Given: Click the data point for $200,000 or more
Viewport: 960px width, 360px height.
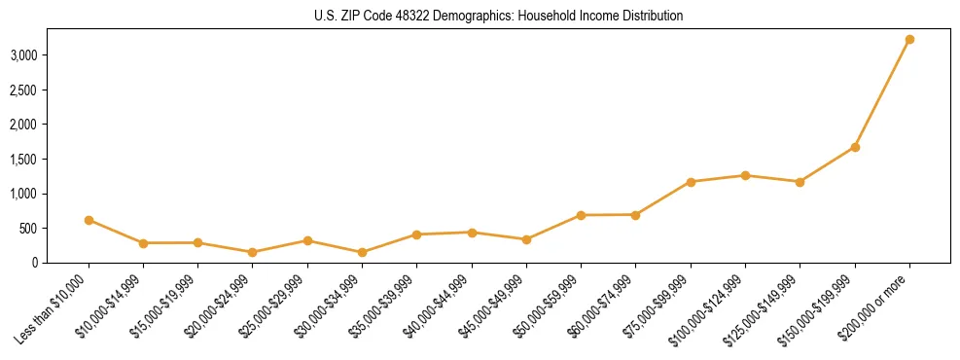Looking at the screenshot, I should click(909, 40).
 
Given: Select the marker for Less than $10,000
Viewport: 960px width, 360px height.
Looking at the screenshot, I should click(89, 220).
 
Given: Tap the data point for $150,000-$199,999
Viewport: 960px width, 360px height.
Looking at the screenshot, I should click(855, 147).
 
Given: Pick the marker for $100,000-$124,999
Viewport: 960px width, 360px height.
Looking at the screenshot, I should click(745, 175).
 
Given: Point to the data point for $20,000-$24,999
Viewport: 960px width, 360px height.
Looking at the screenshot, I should click(253, 252).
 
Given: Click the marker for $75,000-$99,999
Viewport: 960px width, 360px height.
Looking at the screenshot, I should click(691, 182).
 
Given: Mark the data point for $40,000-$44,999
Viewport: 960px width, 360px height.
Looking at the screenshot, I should click(472, 233).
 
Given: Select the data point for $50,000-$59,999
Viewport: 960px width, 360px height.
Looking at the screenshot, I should click(581, 215).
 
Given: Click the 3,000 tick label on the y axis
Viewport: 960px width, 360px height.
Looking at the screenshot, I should click(23, 55).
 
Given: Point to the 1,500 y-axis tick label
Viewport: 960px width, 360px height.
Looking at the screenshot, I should click(23, 160).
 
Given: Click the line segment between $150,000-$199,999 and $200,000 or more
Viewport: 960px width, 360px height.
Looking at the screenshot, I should click(882, 93).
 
